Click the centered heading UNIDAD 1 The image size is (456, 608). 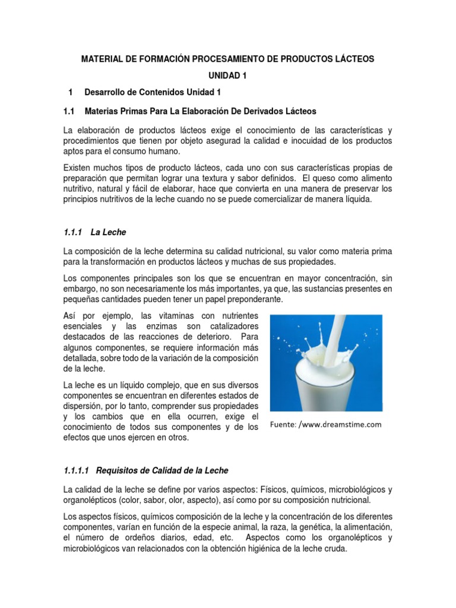(x=228, y=76)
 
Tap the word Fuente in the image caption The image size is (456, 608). (x=283, y=425)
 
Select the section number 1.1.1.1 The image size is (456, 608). (x=75, y=470)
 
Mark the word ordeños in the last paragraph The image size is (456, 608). (x=128, y=538)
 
